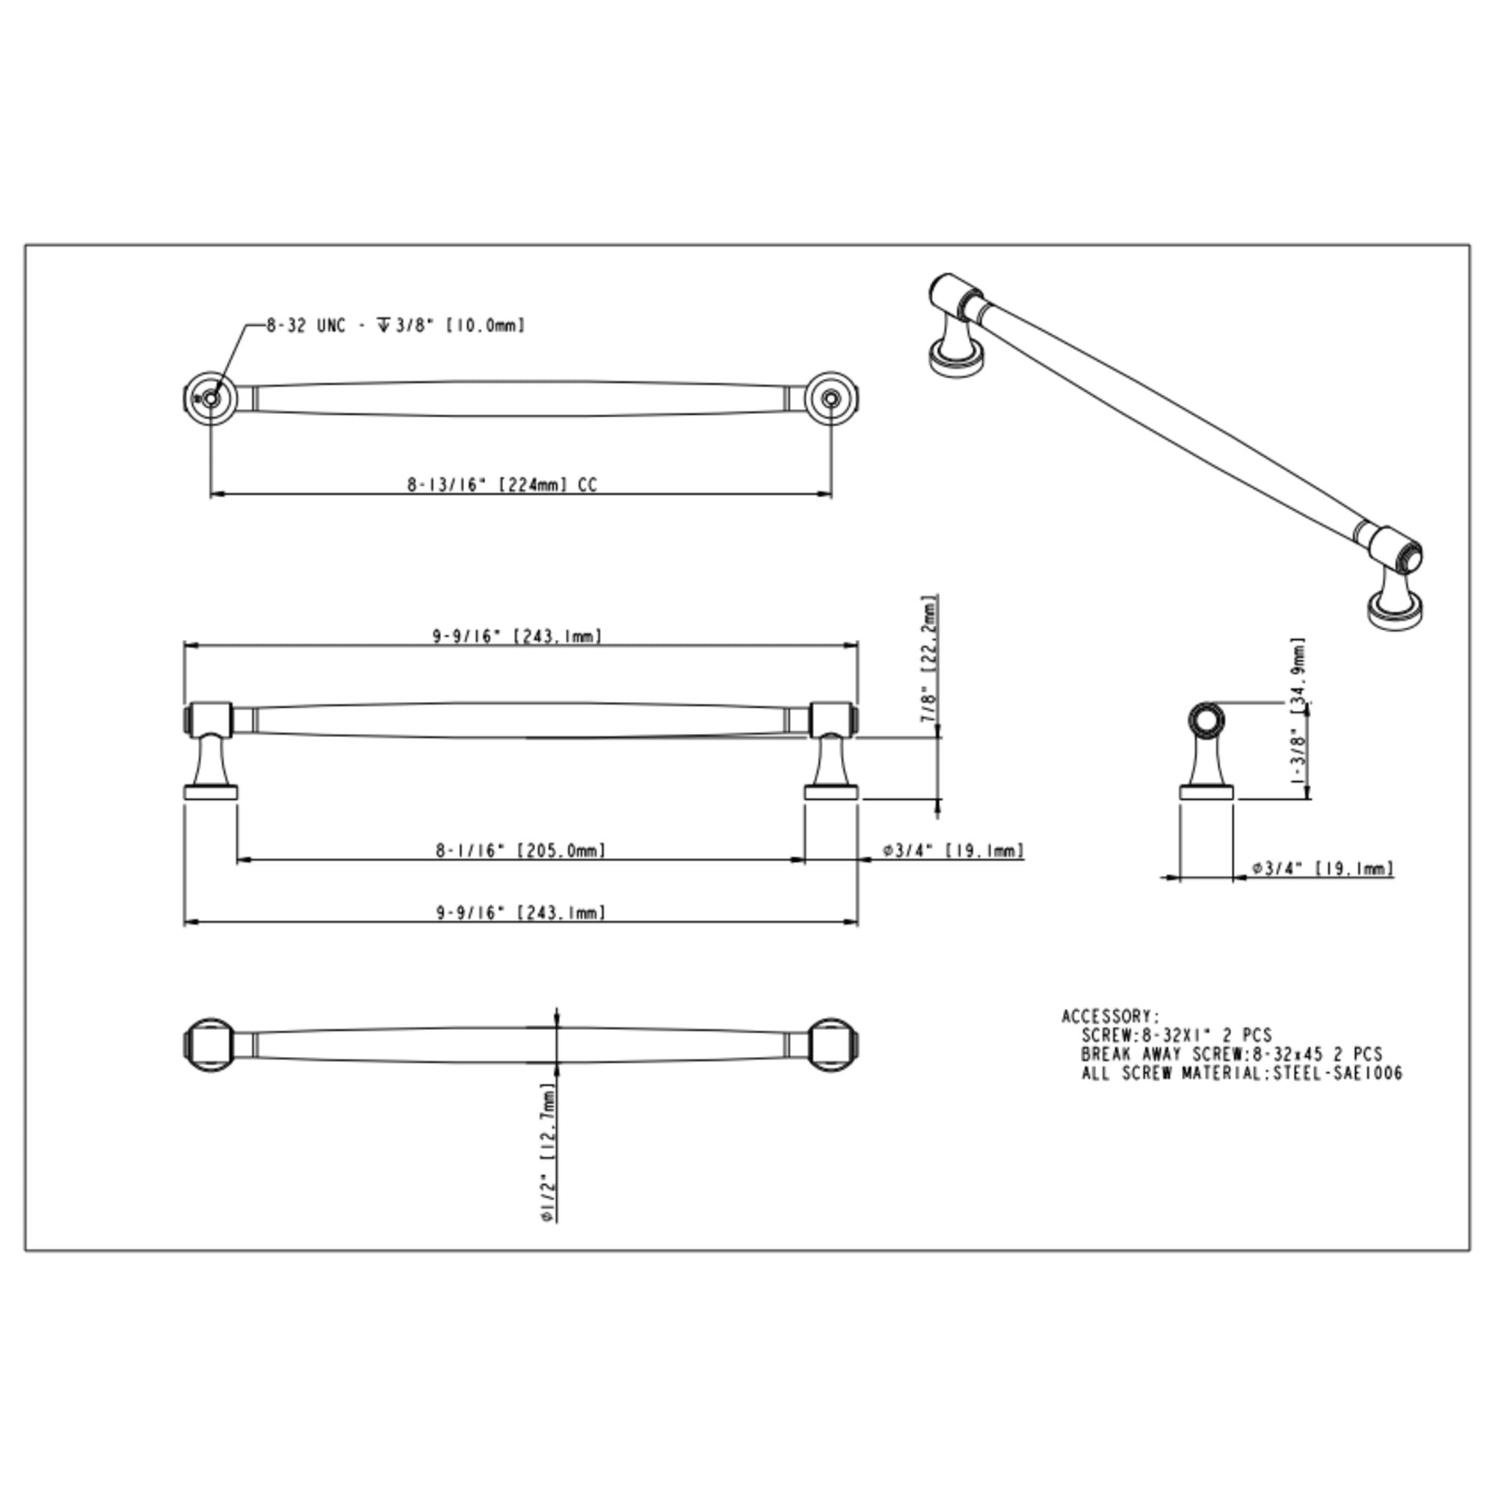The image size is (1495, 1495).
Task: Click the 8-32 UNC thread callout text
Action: pos(395,326)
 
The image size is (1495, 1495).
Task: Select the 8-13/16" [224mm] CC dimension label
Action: pos(502,485)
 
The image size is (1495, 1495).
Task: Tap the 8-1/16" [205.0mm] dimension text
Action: pos(520,851)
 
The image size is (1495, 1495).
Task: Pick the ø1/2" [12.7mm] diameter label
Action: pos(547,1152)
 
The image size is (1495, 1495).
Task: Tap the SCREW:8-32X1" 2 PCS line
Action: pos(1176,1035)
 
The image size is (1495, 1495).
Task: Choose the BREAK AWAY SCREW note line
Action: pos(1232,1054)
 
